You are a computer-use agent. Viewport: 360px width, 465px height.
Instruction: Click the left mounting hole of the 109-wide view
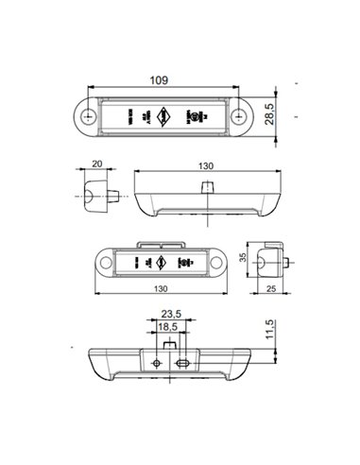pyautogui.click(x=89, y=116)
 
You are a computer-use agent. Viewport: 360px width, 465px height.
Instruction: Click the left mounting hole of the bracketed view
pyautogui.click(x=105, y=262)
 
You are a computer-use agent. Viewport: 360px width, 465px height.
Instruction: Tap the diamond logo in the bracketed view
pyautogui.click(x=163, y=262)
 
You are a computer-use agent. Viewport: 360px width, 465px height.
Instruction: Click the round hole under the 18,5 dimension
pyautogui.click(x=156, y=362)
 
